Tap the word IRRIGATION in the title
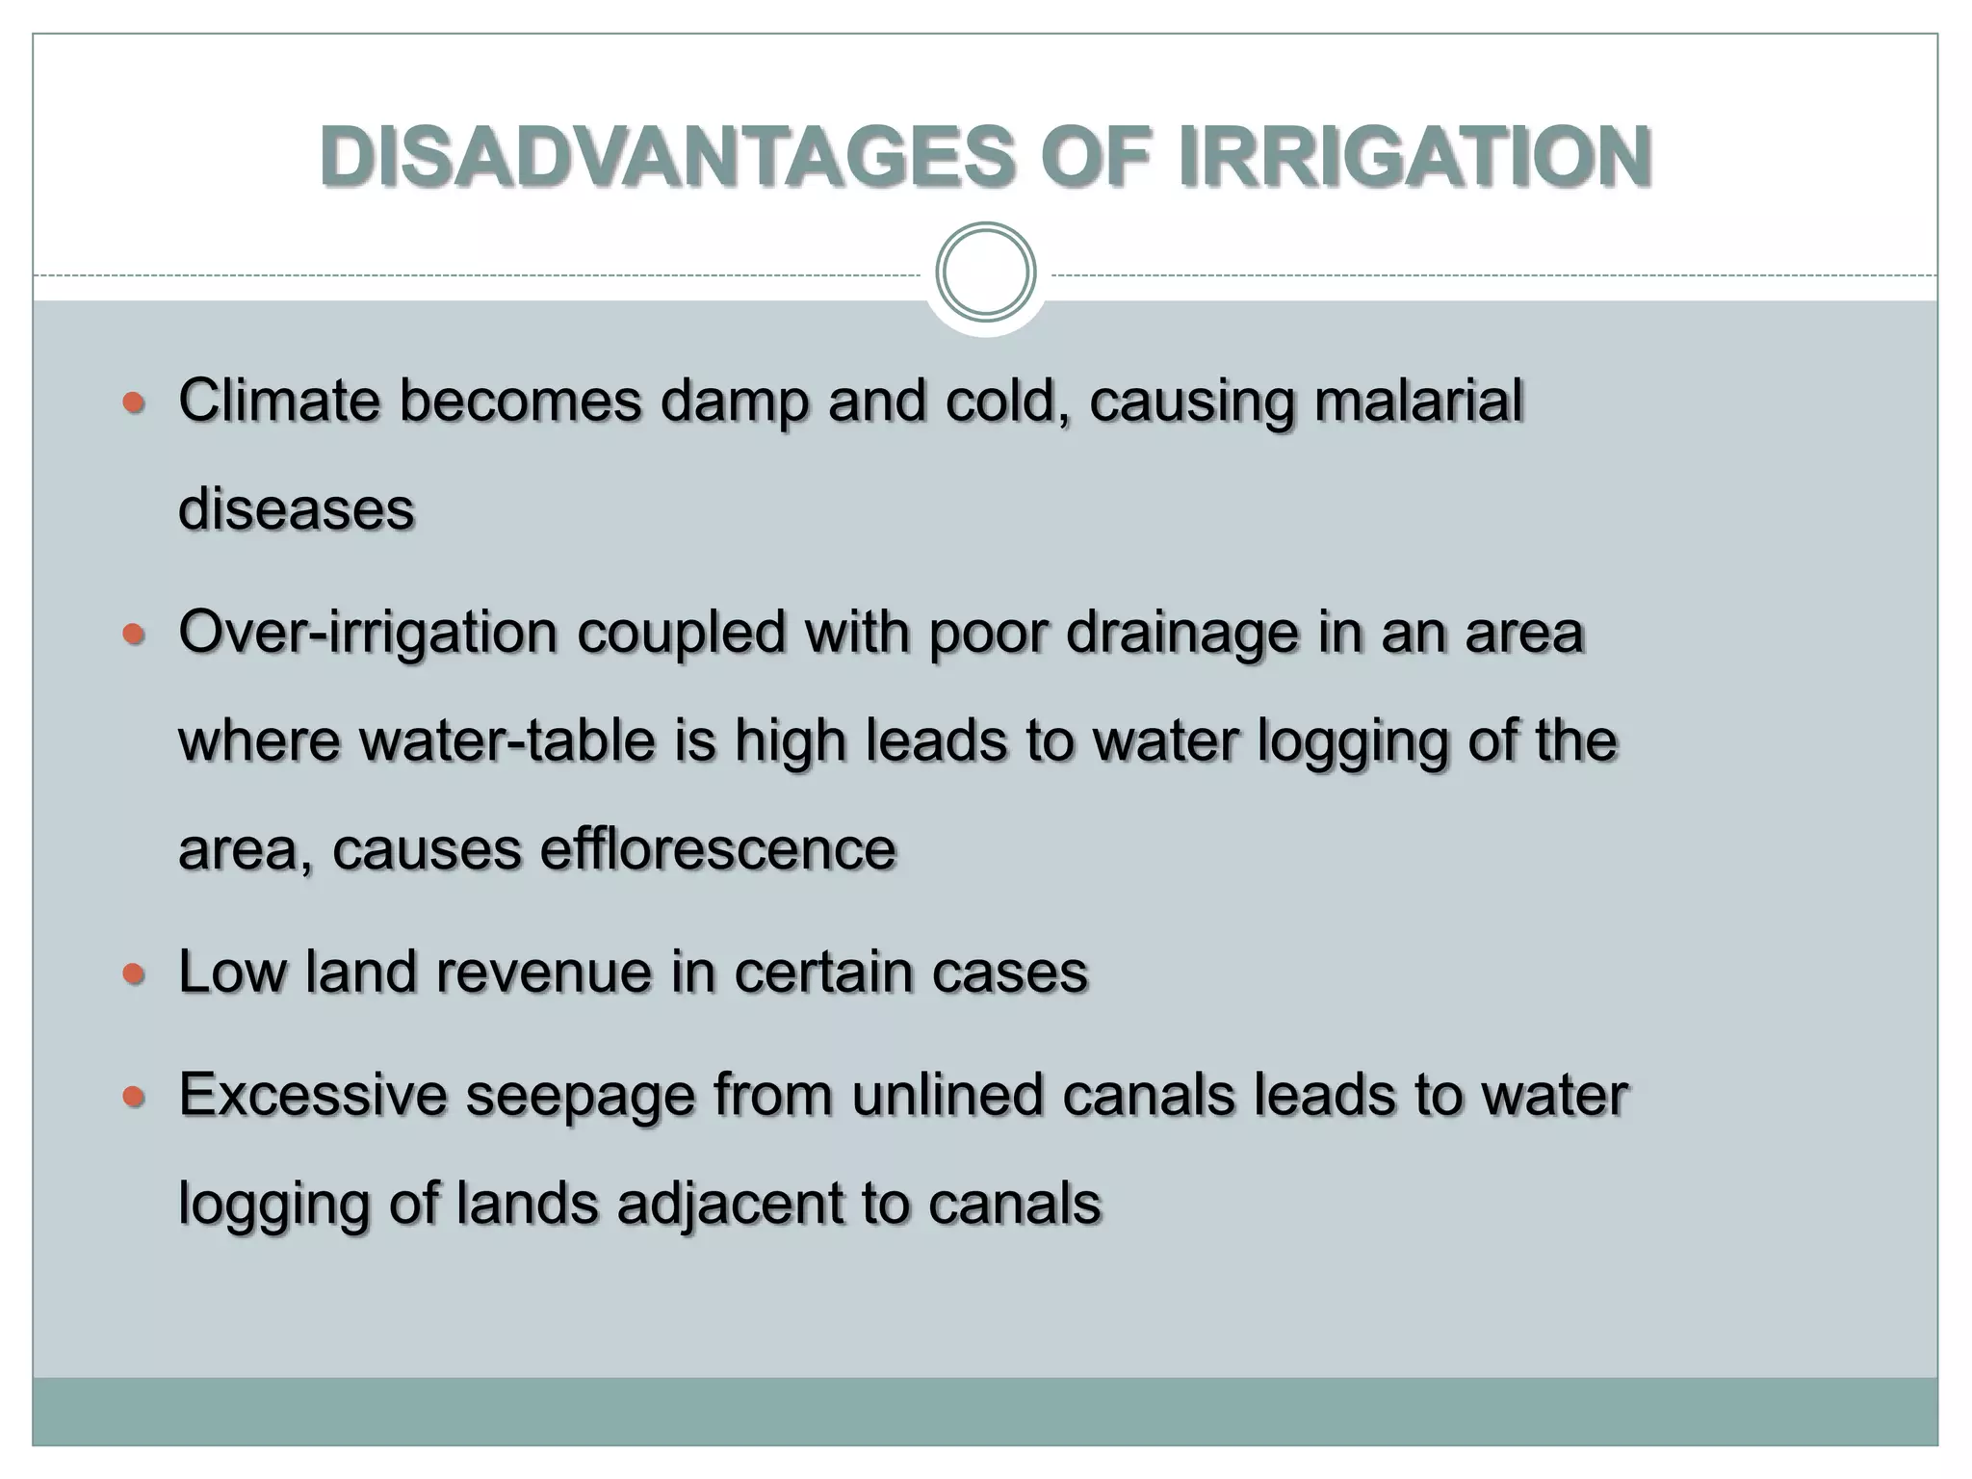1414,157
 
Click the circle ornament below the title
985,272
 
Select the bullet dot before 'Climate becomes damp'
134,402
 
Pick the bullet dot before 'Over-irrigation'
134,635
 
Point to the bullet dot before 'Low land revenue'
134,974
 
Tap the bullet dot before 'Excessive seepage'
134,1097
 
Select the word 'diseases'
297,509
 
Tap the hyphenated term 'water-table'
507,741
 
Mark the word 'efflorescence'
717,849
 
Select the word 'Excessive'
312,1096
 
